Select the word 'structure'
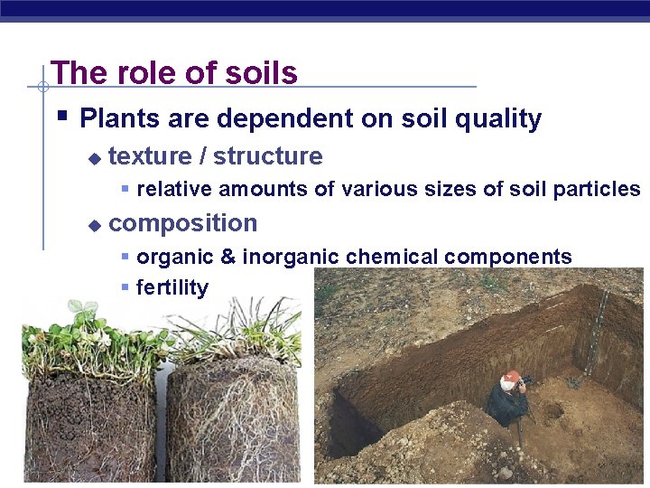268,156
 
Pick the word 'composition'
182,223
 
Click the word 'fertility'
172,288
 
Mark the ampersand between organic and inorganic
227,257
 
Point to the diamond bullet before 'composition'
93,225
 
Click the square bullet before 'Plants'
61,117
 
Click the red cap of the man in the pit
512,376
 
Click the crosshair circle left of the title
42,87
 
